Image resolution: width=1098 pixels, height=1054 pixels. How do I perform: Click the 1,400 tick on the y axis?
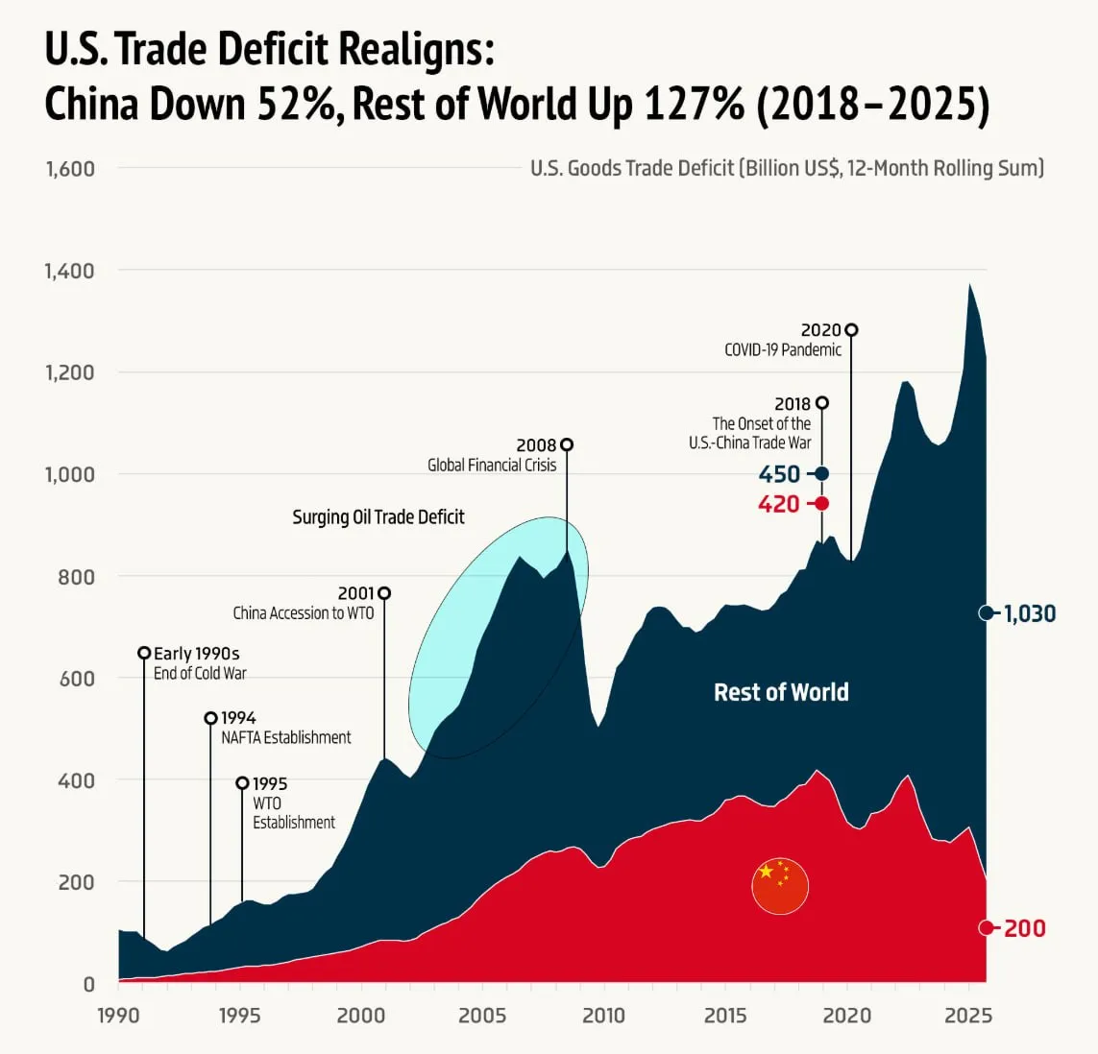pos(69,271)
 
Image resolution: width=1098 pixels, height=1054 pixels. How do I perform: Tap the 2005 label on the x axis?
pos(482,1016)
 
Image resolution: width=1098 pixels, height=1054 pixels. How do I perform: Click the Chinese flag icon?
pos(780,885)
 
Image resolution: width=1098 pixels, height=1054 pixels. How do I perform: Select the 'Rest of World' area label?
pos(781,692)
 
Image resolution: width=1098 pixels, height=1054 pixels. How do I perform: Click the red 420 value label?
pos(778,504)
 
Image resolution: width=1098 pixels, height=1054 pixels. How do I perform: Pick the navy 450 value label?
pos(779,474)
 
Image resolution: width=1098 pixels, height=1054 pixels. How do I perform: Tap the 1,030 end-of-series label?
pos(1029,613)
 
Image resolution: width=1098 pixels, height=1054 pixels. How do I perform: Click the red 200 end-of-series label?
pos(1024,928)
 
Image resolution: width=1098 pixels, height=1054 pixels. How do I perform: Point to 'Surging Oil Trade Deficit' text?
pos(378,517)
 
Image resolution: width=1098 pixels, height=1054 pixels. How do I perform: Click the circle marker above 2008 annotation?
pos(567,444)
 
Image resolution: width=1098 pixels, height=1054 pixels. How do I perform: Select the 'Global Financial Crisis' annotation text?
pos(492,466)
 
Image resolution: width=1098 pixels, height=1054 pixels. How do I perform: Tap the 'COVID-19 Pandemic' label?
pos(783,350)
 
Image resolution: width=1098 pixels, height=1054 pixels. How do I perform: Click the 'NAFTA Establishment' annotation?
pos(286,738)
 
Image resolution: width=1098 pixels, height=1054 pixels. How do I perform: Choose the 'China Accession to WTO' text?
pos(304,613)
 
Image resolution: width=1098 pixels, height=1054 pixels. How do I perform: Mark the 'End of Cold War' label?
pos(200,674)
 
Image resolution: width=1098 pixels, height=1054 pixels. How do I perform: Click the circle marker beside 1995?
pos(242,783)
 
